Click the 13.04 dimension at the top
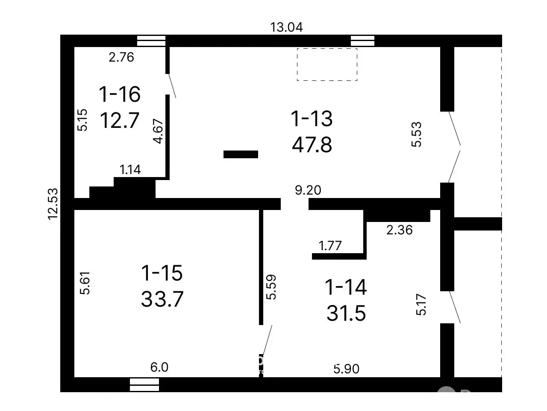[286, 27]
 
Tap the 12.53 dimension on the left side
[53, 204]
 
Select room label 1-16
[120, 94]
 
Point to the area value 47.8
[312, 145]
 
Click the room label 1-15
[162, 273]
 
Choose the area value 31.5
[346, 313]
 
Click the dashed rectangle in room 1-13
[327, 65]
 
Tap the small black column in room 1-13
[241, 154]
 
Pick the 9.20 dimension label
[308, 190]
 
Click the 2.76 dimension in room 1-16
[121, 57]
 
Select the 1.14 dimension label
[130, 170]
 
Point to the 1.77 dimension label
[330, 246]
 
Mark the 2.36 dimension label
[400, 230]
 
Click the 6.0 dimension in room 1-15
[159, 367]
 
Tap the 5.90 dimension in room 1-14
[347, 369]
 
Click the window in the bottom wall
[144, 384]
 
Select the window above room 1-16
[151, 41]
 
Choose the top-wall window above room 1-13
[362, 41]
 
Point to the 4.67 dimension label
[159, 131]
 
